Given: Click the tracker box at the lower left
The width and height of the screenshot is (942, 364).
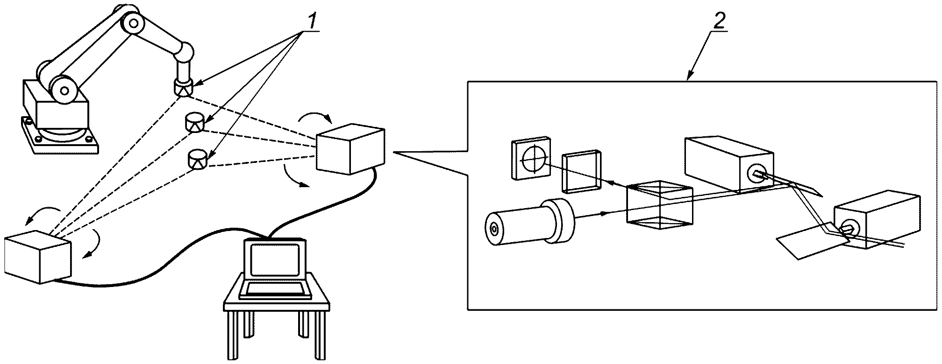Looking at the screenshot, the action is point(37,257).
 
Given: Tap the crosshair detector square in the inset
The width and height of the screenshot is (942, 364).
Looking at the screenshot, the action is point(531,159).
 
